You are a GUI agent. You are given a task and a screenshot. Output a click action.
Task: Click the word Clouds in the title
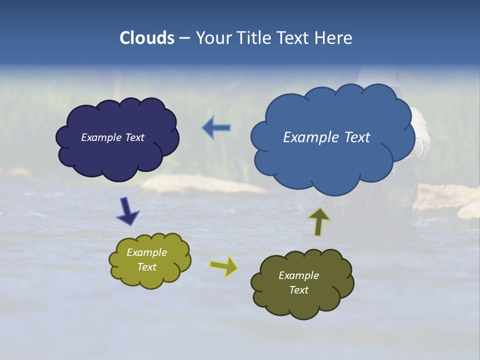[147, 38]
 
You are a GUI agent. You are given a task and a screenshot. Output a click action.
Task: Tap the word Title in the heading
[257, 38]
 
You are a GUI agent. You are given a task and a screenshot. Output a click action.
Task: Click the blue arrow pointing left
[216, 128]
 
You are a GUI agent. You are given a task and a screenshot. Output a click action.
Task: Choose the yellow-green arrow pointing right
[224, 266]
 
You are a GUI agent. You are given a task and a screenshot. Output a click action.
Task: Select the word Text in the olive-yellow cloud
[147, 267]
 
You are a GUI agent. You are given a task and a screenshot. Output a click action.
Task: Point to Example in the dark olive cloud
[298, 275]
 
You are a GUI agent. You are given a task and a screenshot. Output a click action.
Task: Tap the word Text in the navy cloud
[134, 137]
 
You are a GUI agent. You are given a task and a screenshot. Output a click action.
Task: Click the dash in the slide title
[184, 38]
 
